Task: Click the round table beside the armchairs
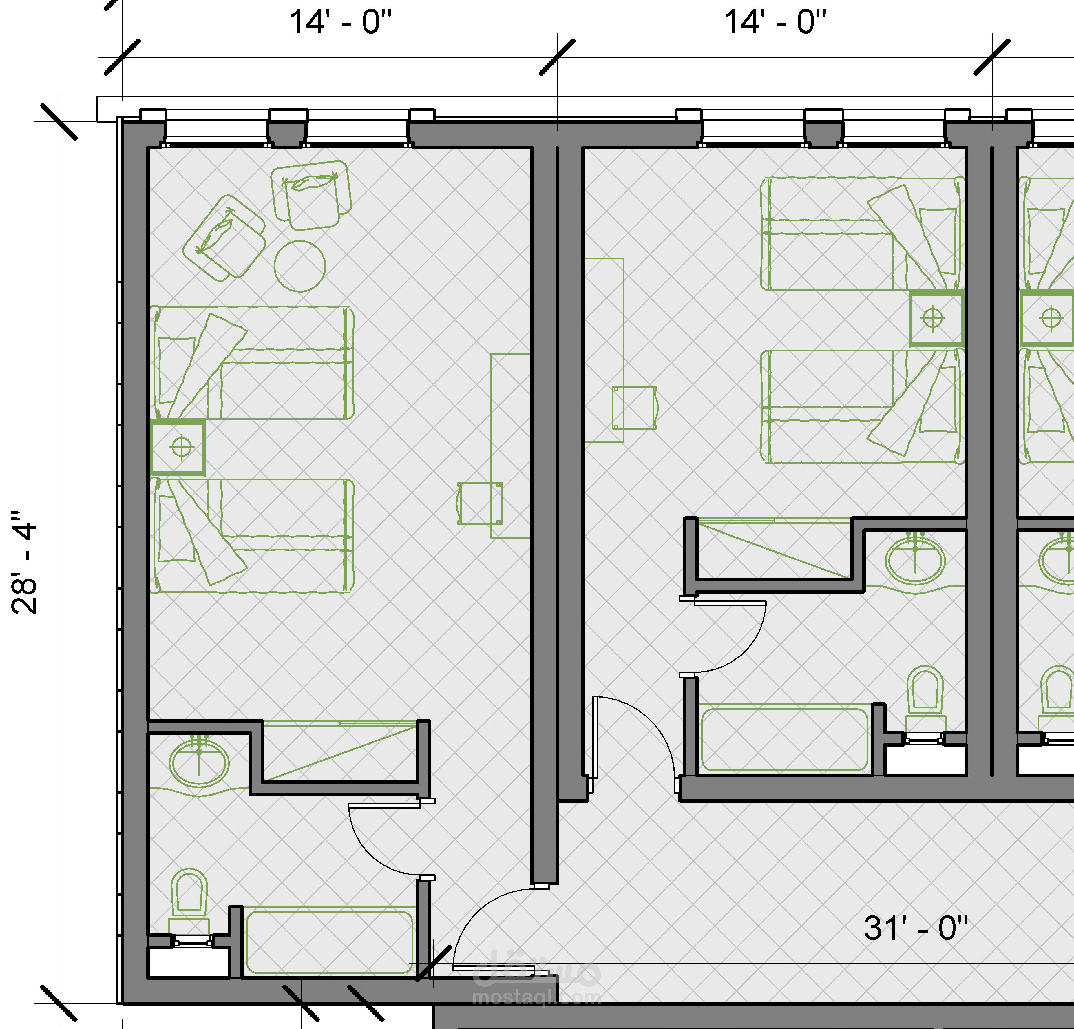pyautogui.click(x=300, y=266)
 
